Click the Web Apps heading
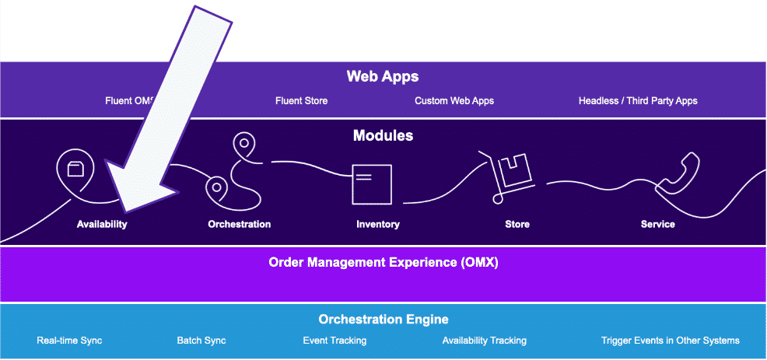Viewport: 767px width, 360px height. click(383, 77)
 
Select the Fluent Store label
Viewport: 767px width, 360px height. click(301, 101)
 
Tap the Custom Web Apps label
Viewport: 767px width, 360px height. click(454, 101)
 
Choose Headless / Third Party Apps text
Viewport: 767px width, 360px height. click(638, 101)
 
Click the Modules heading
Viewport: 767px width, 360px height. click(383, 136)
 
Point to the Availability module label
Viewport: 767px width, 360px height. click(102, 225)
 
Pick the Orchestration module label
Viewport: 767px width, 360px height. click(240, 225)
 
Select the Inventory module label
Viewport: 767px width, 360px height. click(378, 225)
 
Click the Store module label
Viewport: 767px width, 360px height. click(517, 225)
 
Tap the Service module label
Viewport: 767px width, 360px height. click(658, 225)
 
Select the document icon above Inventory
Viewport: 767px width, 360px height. click(370, 183)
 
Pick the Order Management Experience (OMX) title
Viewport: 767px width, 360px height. click(383, 263)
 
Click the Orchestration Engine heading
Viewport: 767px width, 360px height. click(383, 320)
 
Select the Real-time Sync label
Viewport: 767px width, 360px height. click(69, 341)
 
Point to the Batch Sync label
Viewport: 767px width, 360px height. click(202, 341)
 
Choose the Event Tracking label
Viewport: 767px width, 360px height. click(334, 341)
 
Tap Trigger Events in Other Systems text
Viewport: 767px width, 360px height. click(671, 341)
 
